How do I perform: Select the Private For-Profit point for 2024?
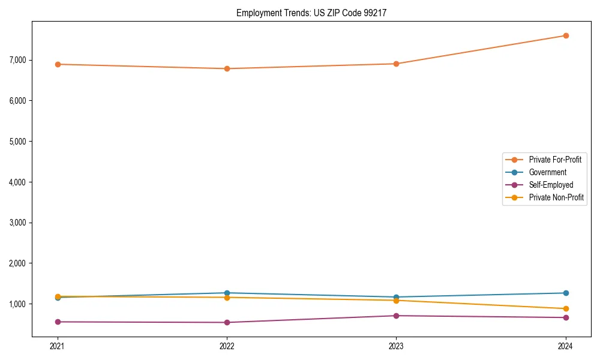click(566, 35)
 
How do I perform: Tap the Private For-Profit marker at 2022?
click(227, 68)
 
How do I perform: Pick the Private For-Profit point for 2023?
click(396, 64)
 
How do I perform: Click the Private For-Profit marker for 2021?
click(58, 64)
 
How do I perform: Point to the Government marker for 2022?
click(227, 293)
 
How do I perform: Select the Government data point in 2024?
click(566, 293)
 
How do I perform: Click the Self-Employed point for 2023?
click(396, 316)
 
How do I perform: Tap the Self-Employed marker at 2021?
click(58, 322)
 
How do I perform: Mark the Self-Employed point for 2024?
click(566, 317)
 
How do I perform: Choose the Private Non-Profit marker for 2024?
click(566, 308)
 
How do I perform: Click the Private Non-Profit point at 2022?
click(227, 298)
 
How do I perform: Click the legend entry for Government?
click(547, 172)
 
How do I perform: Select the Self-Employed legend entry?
click(551, 185)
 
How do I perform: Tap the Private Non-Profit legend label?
click(556, 197)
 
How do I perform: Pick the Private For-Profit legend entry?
click(554, 160)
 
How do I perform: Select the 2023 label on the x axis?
click(396, 346)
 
